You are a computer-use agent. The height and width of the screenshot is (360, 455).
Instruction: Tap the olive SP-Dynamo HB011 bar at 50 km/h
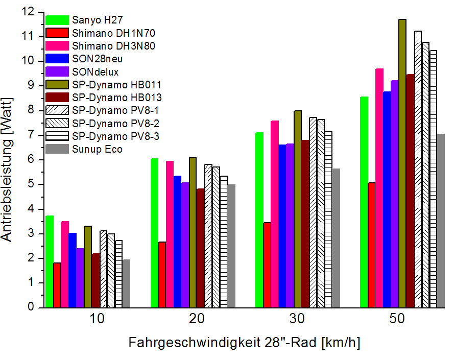[402, 163]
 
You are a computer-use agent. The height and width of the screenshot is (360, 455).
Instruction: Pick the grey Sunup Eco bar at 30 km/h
[336, 238]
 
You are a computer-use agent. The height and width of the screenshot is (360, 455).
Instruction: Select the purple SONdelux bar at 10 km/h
[80, 278]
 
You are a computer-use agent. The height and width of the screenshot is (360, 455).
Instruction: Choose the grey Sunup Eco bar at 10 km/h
[126, 283]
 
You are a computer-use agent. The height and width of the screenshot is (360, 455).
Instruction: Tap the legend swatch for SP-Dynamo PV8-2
[57, 123]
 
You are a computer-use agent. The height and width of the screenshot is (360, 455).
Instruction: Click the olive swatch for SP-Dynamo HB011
[57, 84]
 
